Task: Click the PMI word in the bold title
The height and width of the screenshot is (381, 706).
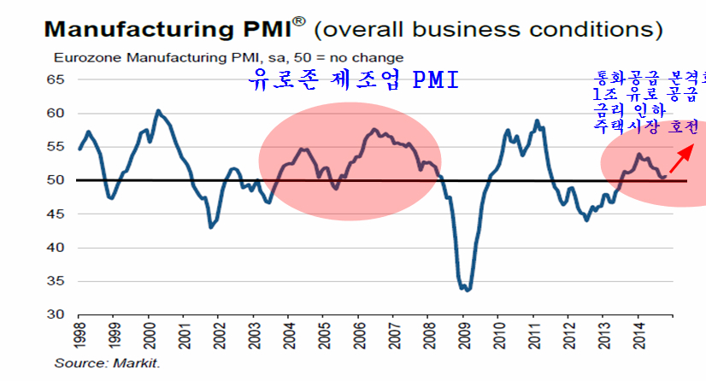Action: click(x=263, y=29)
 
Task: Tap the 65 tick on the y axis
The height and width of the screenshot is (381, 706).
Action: click(x=56, y=79)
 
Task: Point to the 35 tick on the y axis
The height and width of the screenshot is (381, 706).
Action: click(x=56, y=281)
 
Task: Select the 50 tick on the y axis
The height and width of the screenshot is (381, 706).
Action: click(x=56, y=180)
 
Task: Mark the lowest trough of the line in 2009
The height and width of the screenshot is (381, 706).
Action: click(x=466, y=290)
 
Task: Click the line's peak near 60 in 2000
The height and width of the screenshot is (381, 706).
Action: click(x=158, y=111)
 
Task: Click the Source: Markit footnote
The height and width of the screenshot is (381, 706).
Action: click(x=107, y=363)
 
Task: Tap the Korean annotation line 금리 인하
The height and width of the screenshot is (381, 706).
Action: click(x=627, y=109)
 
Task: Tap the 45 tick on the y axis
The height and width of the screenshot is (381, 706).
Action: click(x=56, y=214)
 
